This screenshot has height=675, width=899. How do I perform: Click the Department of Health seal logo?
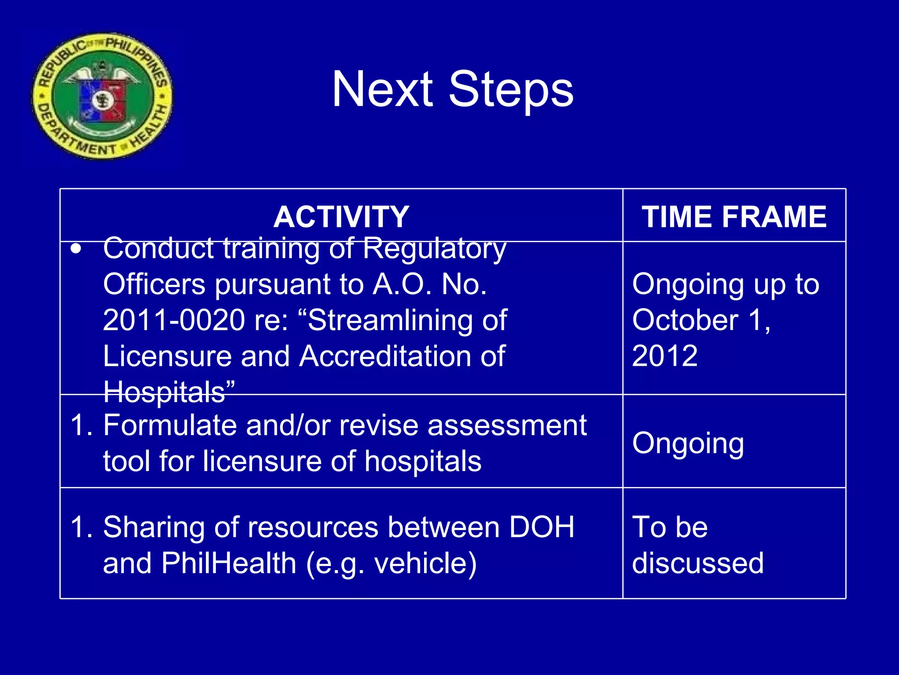[102, 96]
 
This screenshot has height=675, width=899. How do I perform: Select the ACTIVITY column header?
[341, 217]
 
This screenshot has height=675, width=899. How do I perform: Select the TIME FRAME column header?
[734, 217]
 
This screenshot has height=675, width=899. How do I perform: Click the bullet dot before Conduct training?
[76, 249]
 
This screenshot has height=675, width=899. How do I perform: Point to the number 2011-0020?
[174, 320]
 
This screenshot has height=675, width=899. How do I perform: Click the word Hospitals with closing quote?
[169, 391]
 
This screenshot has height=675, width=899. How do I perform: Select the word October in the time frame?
[685, 320]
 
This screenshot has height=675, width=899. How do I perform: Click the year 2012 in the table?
[665, 356]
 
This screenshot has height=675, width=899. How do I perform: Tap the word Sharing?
[154, 527]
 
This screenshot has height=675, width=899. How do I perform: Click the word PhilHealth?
[229, 563]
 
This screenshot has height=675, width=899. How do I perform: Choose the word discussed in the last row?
[698, 563]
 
